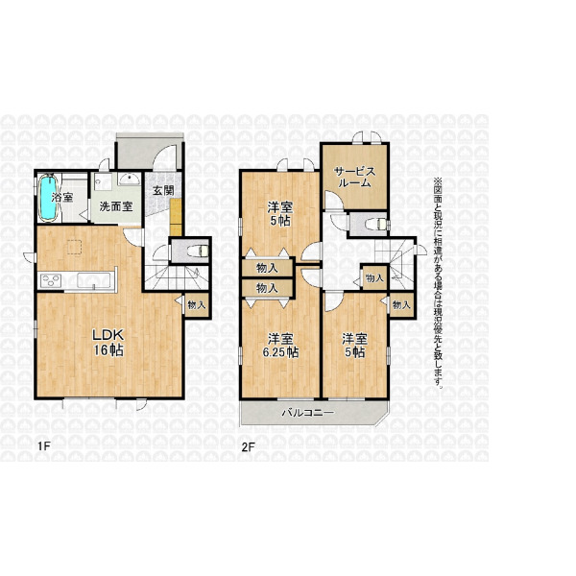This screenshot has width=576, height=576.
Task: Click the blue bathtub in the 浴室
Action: (x=48, y=198)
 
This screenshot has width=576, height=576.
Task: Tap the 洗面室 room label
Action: (x=116, y=206)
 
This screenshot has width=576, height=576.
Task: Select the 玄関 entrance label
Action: (x=163, y=190)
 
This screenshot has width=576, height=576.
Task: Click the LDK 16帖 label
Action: (x=108, y=342)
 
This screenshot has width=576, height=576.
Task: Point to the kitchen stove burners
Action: (x=51, y=281)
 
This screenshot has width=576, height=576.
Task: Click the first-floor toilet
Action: (x=198, y=251)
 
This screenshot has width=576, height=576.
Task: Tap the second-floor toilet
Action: (x=376, y=224)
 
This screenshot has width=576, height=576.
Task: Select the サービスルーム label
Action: (x=354, y=177)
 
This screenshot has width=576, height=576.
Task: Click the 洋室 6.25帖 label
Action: (x=280, y=346)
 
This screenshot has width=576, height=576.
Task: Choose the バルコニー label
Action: (x=308, y=413)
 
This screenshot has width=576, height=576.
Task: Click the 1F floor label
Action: (x=43, y=446)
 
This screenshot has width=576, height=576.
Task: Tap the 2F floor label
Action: (x=248, y=446)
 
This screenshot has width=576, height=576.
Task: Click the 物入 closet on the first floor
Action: (x=197, y=304)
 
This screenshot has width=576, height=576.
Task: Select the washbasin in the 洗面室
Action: (x=129, y=179)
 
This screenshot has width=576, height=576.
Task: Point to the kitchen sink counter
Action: (x=94, y=281)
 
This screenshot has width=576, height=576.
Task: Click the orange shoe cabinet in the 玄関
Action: (x=176, y=217)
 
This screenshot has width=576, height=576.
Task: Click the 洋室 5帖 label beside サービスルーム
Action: (x=280, y=214)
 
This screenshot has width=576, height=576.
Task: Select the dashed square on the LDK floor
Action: (x=75, y=246)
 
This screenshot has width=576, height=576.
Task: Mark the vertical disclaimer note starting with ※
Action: (x=438, y=283)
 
